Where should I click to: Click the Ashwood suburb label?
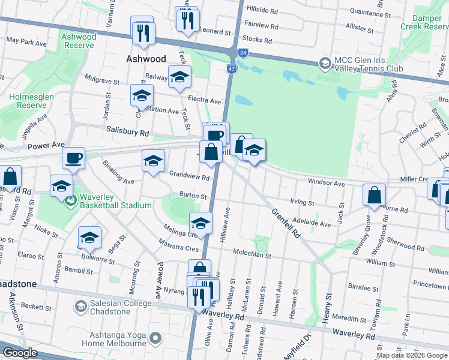[145, 59]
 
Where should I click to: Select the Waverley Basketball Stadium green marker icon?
[71, 201]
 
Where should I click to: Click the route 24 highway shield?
[243, 53]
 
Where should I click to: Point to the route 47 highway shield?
[231, 70]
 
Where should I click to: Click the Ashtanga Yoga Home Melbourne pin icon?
[155, 339]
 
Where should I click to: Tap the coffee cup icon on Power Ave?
[74, 158]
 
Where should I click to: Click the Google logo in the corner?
[20, 353]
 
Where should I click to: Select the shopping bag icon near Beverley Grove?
[374, 194]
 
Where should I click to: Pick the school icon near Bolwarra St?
[89, 238]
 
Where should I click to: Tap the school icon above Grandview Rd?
[153, 160]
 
